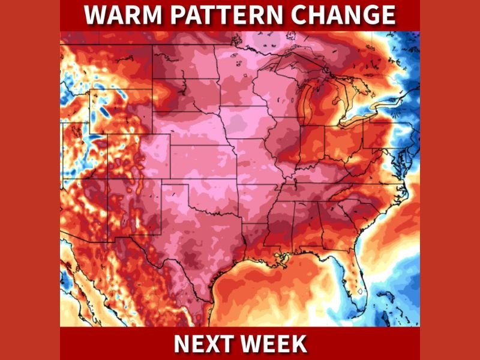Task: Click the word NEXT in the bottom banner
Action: [x=202, y=344]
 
